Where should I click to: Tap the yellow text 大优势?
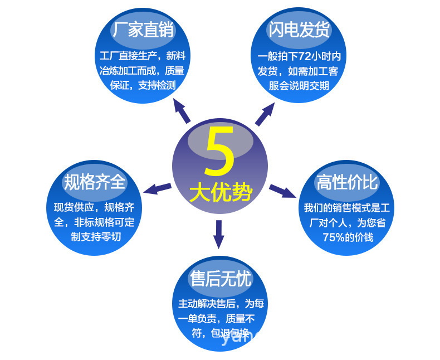point(221,193)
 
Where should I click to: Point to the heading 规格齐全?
point(95,182)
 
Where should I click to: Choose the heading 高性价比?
point(346,182)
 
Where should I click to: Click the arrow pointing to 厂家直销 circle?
point(181,110)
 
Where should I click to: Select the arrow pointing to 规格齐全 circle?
point(157,188)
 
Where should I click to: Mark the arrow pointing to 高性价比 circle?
point(282,191)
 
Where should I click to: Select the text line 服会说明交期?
point(299,85)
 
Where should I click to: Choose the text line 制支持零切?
point(96,236)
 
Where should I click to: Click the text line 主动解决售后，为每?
point(221,304)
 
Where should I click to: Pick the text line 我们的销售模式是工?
point(346,208)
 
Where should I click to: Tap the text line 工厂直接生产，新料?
point(143,56)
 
